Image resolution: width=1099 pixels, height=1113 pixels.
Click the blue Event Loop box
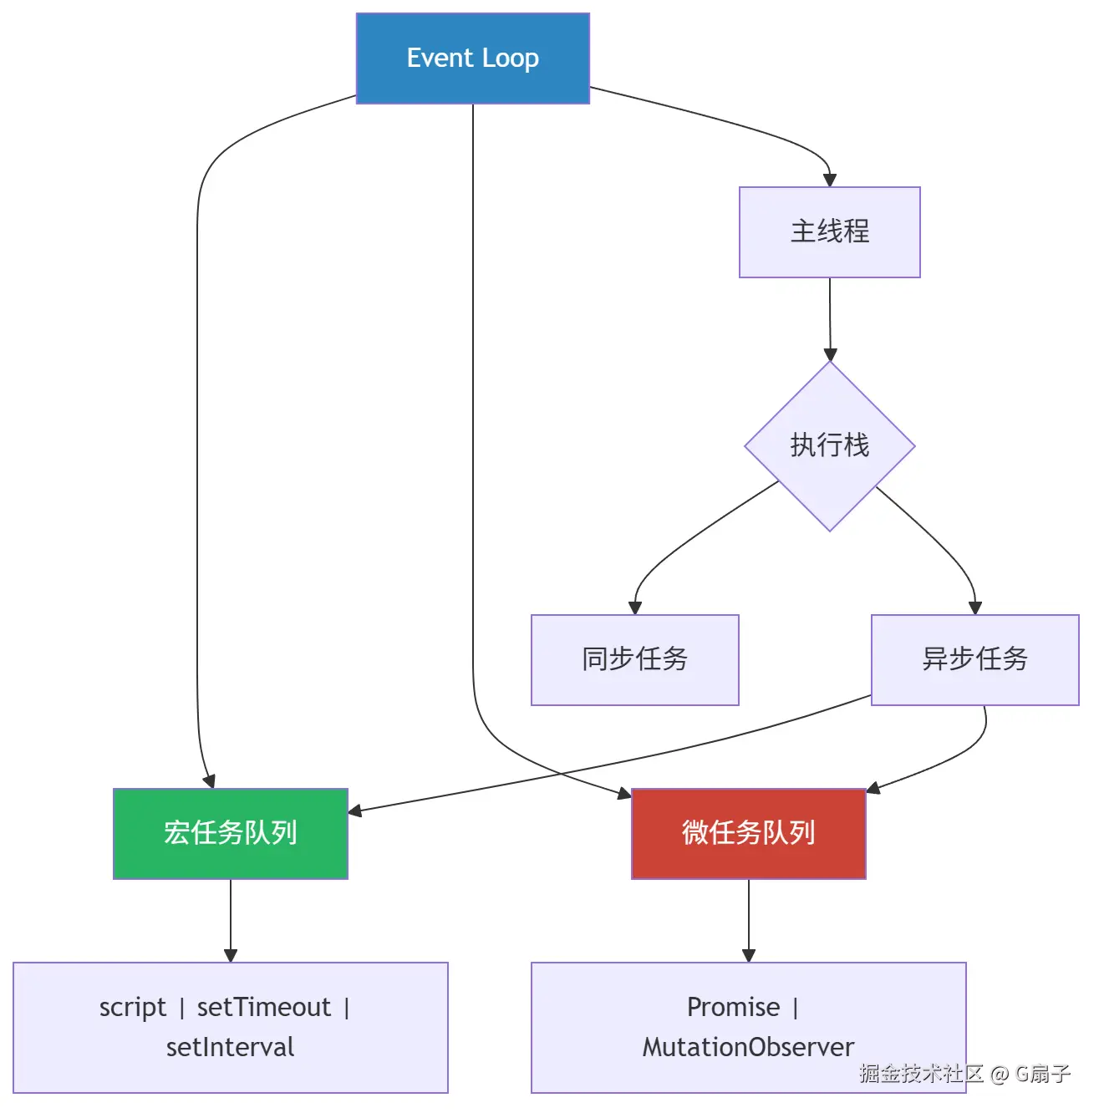tap(472, 58)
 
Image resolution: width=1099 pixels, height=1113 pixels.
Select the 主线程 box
tap(829, 231)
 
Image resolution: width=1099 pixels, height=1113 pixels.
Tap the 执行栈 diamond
tap(829, 445)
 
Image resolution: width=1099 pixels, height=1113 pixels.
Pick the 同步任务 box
tap(634, 659)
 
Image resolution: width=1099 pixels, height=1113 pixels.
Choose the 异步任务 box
tap(974, 659)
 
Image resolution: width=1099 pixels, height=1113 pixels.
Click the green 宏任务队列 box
tap(230, 833)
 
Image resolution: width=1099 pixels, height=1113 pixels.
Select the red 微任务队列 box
tap(748, 833)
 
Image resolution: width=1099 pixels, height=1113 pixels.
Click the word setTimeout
tap(264, 1008)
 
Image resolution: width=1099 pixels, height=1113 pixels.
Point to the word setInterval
tap(230, 1048)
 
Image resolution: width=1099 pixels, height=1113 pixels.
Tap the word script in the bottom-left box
tap(133, 1008)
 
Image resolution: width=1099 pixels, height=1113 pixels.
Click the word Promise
tap(733, 1008)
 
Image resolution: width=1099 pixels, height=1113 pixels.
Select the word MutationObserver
tap(748, 1048)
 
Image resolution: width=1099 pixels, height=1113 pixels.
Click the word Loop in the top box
tap(511, 58)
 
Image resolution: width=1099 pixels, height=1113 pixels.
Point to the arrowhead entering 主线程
tap(829, 180)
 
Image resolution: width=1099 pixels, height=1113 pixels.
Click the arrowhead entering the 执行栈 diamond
tap(830, 354)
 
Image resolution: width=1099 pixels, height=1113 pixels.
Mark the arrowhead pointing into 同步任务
tap(635, 608)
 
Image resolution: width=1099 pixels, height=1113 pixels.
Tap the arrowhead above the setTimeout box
tap(231, 956)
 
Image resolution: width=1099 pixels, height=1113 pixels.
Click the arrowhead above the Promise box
tap(749, 956)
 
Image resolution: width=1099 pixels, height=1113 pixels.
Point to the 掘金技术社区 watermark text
tap(921, 1074)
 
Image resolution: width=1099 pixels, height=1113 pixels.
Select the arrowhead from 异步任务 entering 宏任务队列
tap(354, 811)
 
